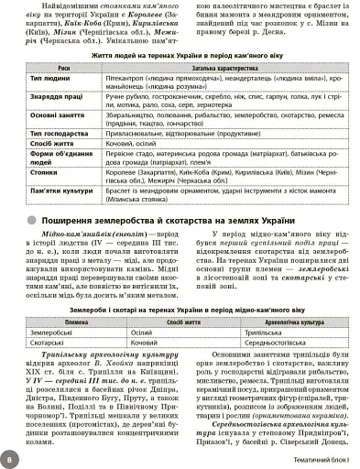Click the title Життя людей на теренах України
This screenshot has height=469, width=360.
click(x=180, y=55)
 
